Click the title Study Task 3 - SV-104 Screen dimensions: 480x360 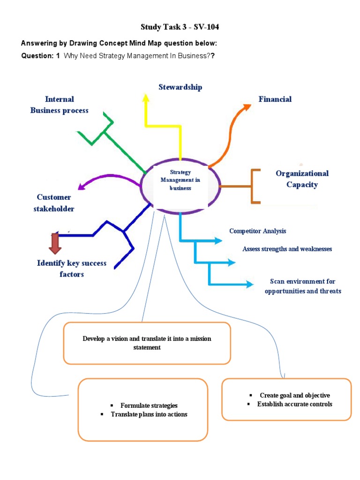pos(180,27)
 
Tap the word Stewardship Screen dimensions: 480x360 pos(180,87)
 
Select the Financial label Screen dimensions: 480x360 pos(275,99)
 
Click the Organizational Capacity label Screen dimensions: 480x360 pos(302,179)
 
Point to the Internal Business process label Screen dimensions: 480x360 pos(60,105)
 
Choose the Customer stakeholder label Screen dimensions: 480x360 pos(54,203)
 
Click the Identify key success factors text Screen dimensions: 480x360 pos(72,269)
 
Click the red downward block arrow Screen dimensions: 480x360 pos(55,243)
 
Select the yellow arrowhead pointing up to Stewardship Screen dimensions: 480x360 pos(146,97)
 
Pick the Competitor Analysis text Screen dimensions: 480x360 pos(257,231)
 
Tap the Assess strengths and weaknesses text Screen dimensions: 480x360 pos(287,249)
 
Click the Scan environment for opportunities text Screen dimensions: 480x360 pos(303,286)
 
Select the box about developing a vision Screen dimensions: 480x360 pos(147,343)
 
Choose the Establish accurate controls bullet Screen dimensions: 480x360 pos(294,404)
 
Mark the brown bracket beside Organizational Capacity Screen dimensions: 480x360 pos(255,187)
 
